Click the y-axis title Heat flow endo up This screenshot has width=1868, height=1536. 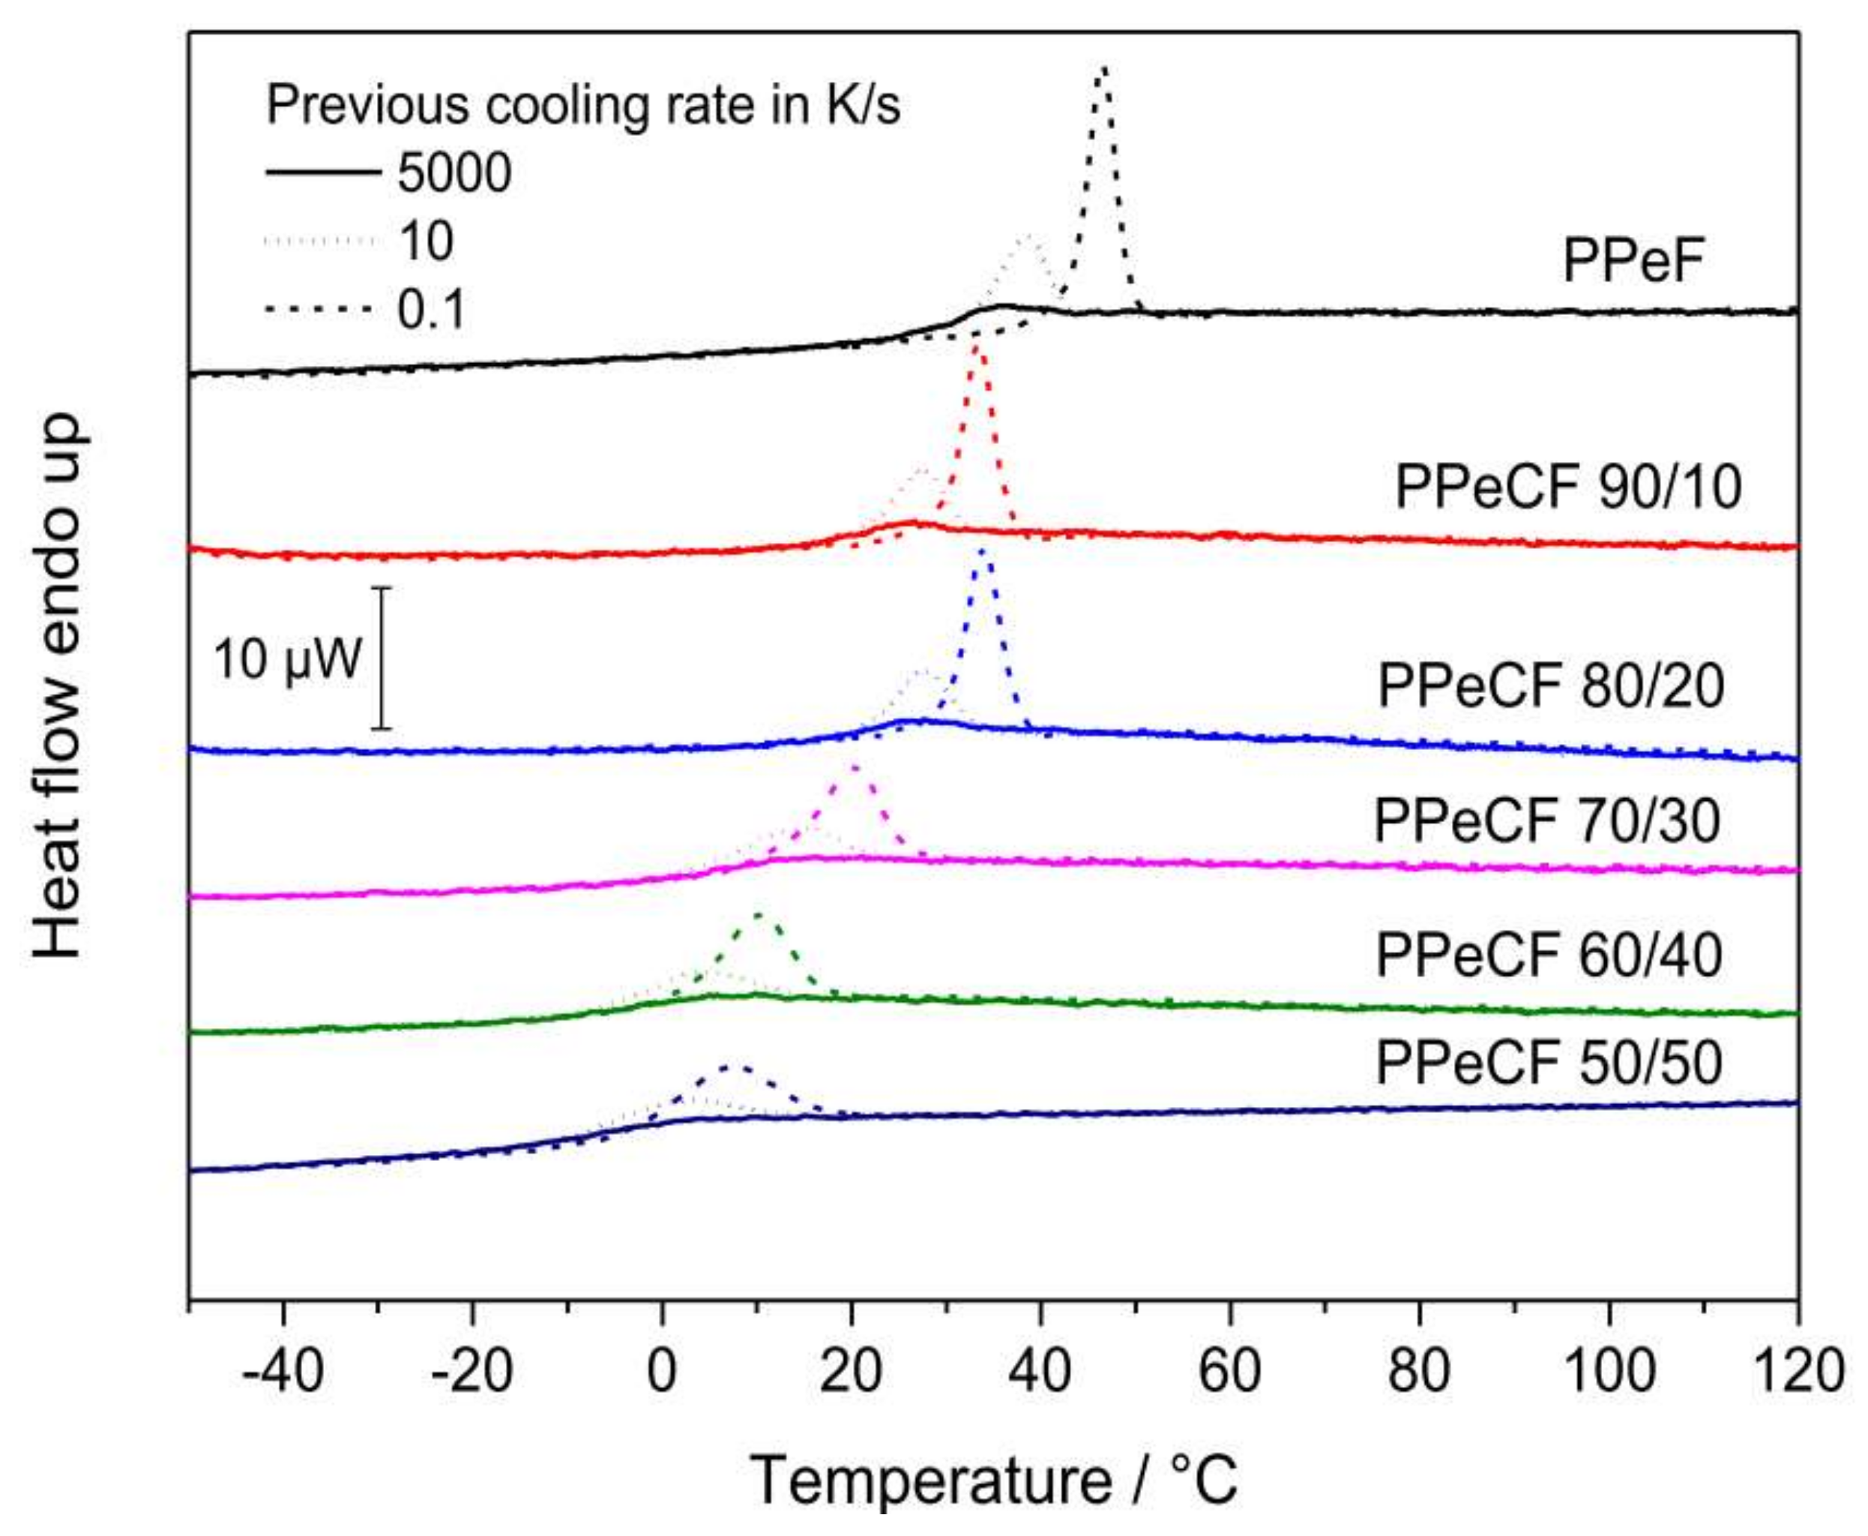58,685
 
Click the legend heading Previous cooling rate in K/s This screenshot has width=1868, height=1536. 583,105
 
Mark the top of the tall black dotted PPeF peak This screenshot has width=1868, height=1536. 1102,69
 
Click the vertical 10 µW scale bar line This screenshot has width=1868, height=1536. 382,658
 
